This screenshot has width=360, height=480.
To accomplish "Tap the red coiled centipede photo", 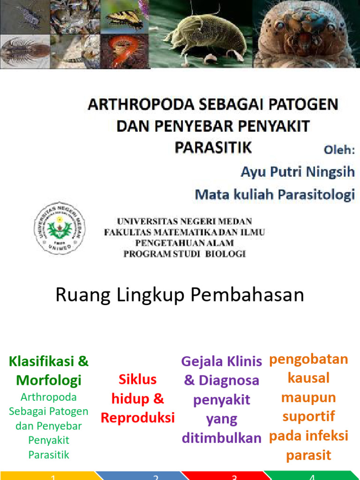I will tap(124, 50).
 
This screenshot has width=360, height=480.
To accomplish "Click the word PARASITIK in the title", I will tap(213, 147).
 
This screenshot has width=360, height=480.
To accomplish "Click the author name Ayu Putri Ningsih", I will tap(298, 172).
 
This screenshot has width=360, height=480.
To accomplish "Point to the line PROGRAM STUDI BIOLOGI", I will tap(185, 254).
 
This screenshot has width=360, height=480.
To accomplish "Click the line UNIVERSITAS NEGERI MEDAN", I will tap(185, 221).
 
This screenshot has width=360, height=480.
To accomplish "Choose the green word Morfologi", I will tap(49, 380).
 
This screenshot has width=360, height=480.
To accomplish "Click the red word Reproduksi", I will tap(138, 418).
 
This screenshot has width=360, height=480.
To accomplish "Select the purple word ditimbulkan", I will tap(222, 438).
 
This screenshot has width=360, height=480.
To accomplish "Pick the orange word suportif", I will tap(308, 416).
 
